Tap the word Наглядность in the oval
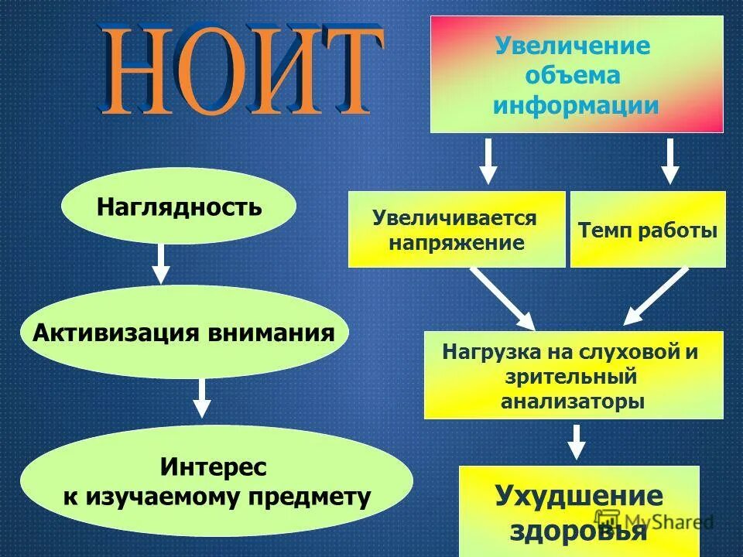[179, 207]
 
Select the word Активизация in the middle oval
[115, 333]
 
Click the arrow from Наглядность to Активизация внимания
[160, 263]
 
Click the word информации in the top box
[576, 105]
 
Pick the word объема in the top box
[573, 76]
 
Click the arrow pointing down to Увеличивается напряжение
[487, 160]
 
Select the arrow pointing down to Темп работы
[670, 160]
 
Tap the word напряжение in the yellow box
[457, 243]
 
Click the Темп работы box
[648, 230]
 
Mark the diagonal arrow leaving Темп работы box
[656, 296]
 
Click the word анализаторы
[572, 402]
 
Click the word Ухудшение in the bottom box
[579, 496]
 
